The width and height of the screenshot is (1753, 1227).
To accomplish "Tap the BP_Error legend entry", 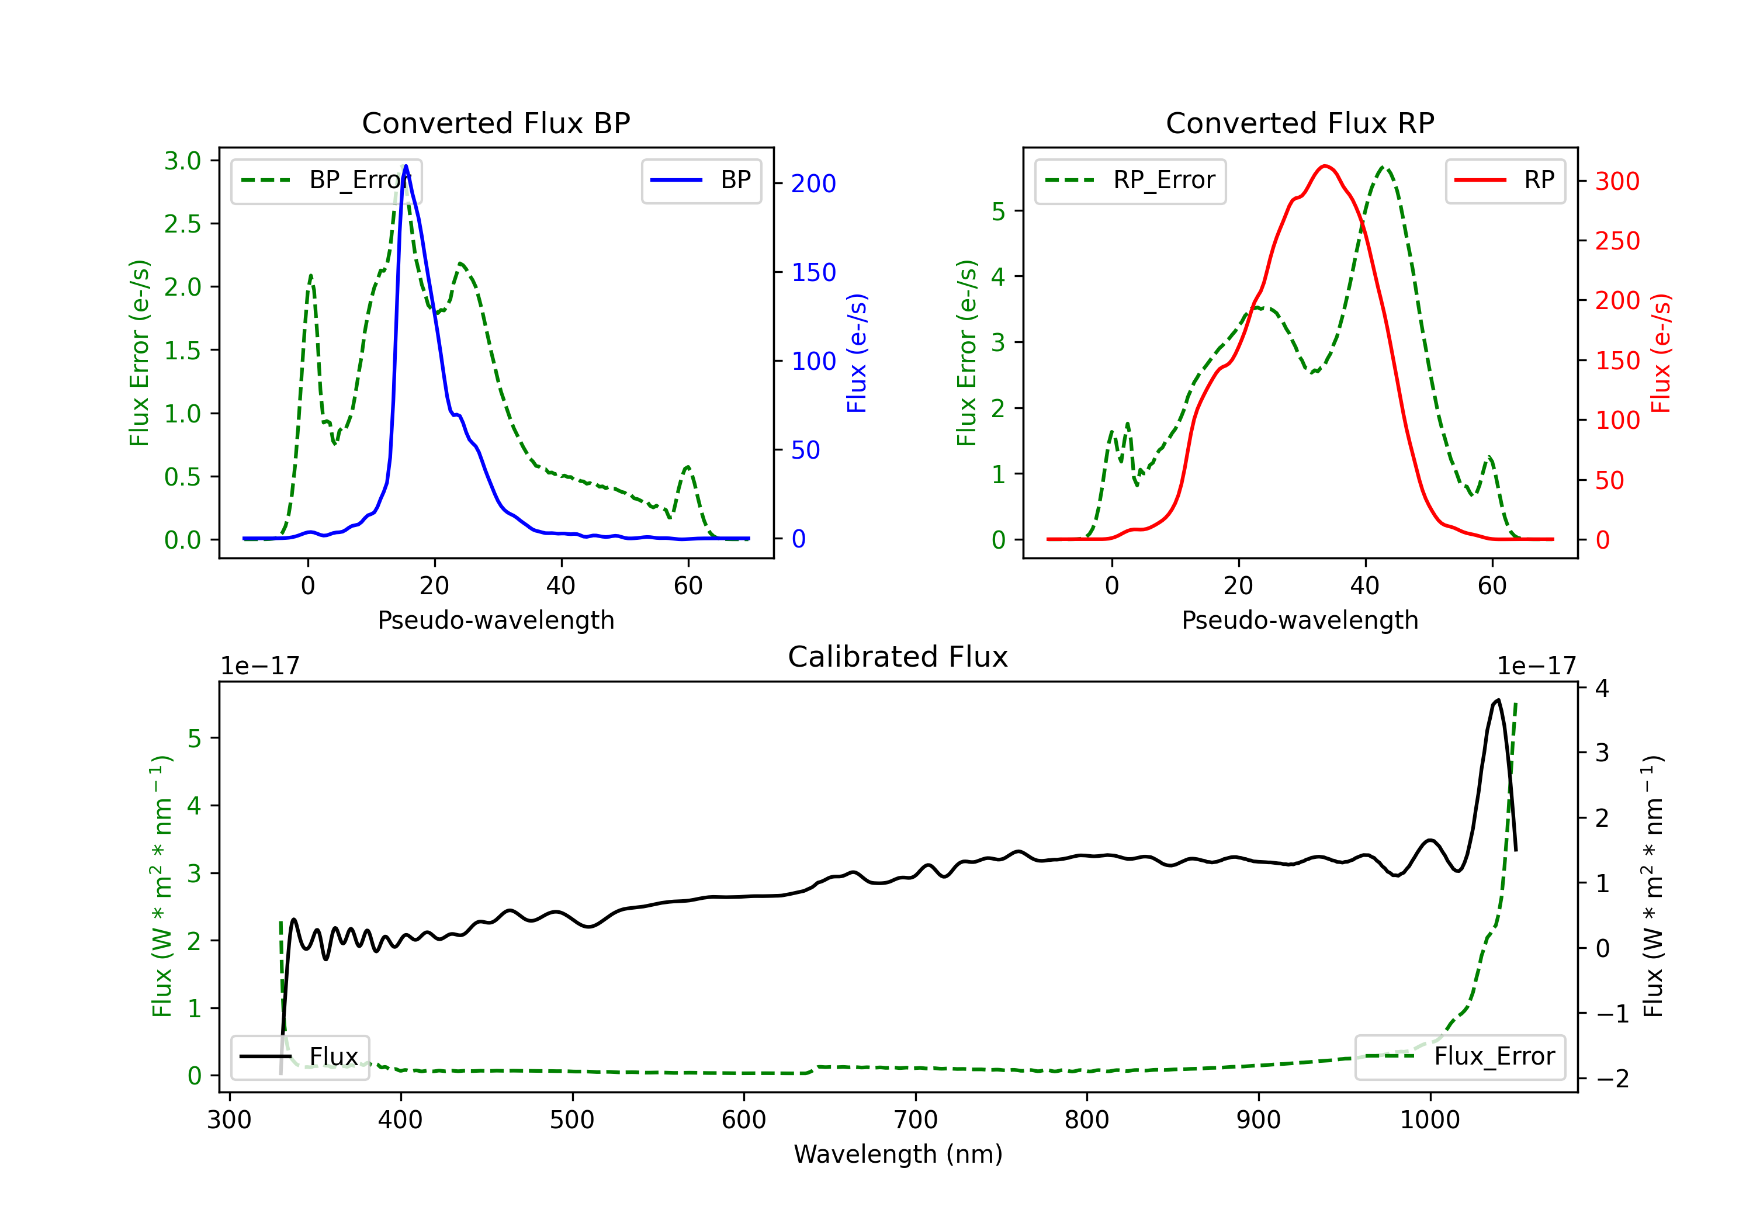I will click(327, 181).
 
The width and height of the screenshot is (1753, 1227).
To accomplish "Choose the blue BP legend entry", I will click(701, 181).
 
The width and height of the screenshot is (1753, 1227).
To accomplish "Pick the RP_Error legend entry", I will click(1130, 181).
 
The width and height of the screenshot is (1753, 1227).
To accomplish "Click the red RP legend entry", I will click(1505, 181).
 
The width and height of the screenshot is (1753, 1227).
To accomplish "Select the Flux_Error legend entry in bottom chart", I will click(1460, 1057).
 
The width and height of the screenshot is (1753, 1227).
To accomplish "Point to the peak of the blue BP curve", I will click(406, 166).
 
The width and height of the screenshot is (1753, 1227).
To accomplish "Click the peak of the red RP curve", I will click(1325, 166).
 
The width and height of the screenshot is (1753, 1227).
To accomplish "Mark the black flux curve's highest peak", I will click(1498, 700).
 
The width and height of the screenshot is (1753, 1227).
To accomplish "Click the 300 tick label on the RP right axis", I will click(1617, 182).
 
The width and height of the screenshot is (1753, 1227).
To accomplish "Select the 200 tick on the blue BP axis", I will click(813, 184).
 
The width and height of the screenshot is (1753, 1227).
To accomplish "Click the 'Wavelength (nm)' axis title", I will click(898, 1154).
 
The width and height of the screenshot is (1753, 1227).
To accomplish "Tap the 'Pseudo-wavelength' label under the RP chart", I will click(1300, 620).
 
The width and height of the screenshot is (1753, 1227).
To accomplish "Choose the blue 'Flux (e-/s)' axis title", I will click(857, 353).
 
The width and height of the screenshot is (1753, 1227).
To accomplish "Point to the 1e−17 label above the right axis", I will click(1536, 667).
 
